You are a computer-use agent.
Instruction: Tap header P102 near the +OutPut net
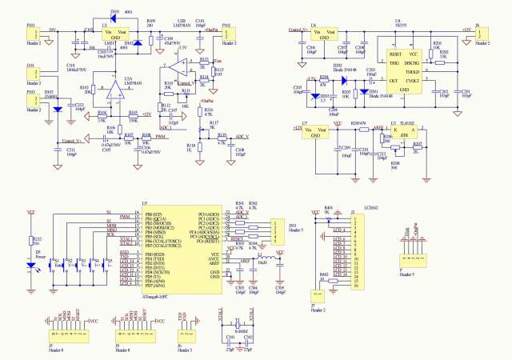tap(227, 33)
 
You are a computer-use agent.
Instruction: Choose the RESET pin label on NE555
tap(394, 54)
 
